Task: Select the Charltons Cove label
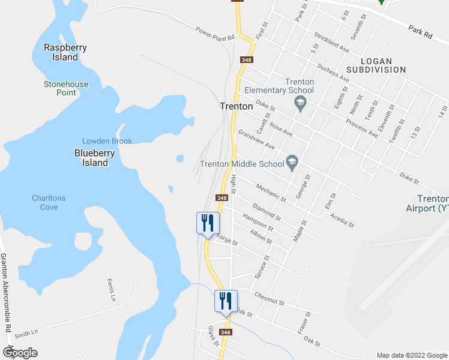click(49, 202)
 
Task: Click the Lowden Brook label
click(107, 141)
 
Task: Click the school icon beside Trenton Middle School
click(292, 163)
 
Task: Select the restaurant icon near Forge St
click(208, 223)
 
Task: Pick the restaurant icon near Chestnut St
click(226, 301)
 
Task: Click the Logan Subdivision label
click(384, 65)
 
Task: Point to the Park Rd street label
click(420, 31)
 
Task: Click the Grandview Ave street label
click(256, 140)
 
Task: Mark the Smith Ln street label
click(26, 332)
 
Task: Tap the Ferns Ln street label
click(111, 289)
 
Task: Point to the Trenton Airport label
click(432, 204)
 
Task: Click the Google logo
click(20, 352)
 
